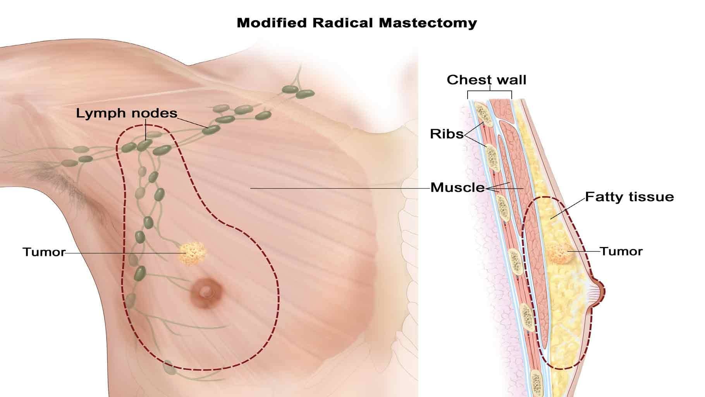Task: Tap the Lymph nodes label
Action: pyautogui.click(x=126, y=113)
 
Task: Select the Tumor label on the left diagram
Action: pyautogui.click(x=44, y=252)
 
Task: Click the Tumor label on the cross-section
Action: pyautogui.click(x=621, y=251)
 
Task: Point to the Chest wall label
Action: pyautogui.click(x=487, y=80)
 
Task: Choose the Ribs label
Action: pyautogui.click(x=447, y=134)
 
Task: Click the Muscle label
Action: pyautogui.click(x=457, y=188)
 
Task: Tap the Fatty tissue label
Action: pyautogui.click(x=629, y=197)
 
